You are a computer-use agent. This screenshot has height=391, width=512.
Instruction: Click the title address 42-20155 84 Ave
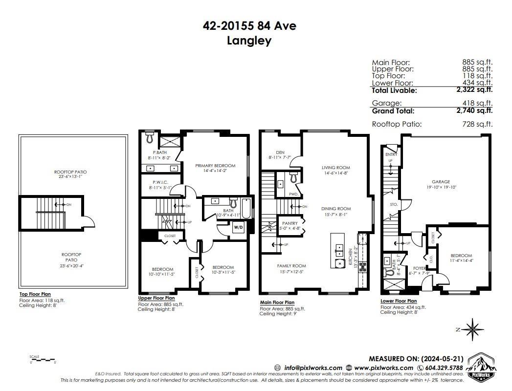pos(249,25)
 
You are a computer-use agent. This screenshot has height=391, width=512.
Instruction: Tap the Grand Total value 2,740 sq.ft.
pos(474,111)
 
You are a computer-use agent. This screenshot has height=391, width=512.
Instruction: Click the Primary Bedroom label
pos(215,166)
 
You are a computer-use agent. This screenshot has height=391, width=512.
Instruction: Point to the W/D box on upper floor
pos(238,227)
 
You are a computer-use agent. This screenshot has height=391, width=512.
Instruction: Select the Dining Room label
pos(336,209)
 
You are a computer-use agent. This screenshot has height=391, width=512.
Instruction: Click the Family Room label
pos(292,266)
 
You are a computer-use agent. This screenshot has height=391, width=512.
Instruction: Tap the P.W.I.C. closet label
pos(160,181)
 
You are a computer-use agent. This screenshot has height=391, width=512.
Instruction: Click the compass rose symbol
pos(473,329)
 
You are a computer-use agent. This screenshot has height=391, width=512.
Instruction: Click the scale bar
pos(43,360)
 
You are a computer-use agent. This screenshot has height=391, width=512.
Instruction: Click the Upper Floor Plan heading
pos(156,298)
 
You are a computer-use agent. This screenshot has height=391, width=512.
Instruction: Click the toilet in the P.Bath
pos(150,138)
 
